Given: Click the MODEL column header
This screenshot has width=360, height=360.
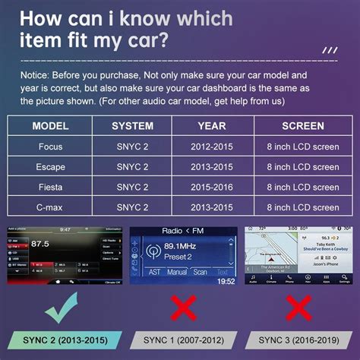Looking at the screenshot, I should [51, 126].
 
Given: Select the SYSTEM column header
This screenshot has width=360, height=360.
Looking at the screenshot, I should [132, 126].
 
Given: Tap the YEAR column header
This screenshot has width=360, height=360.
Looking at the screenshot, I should [212, 126].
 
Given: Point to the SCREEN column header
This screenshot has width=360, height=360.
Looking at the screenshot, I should [302, 126].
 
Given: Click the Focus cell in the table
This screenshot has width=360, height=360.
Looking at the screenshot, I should [51, 147].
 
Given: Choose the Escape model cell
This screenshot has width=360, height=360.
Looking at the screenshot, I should [51, 167].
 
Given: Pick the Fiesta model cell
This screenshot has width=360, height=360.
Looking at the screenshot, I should [51, 187].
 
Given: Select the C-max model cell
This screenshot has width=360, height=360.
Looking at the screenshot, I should [51, 207].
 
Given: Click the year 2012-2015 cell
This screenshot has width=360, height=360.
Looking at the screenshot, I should [212, 147].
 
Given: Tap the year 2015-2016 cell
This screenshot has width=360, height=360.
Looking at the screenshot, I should [212, 187].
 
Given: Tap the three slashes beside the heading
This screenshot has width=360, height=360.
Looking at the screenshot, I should [328, 51].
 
